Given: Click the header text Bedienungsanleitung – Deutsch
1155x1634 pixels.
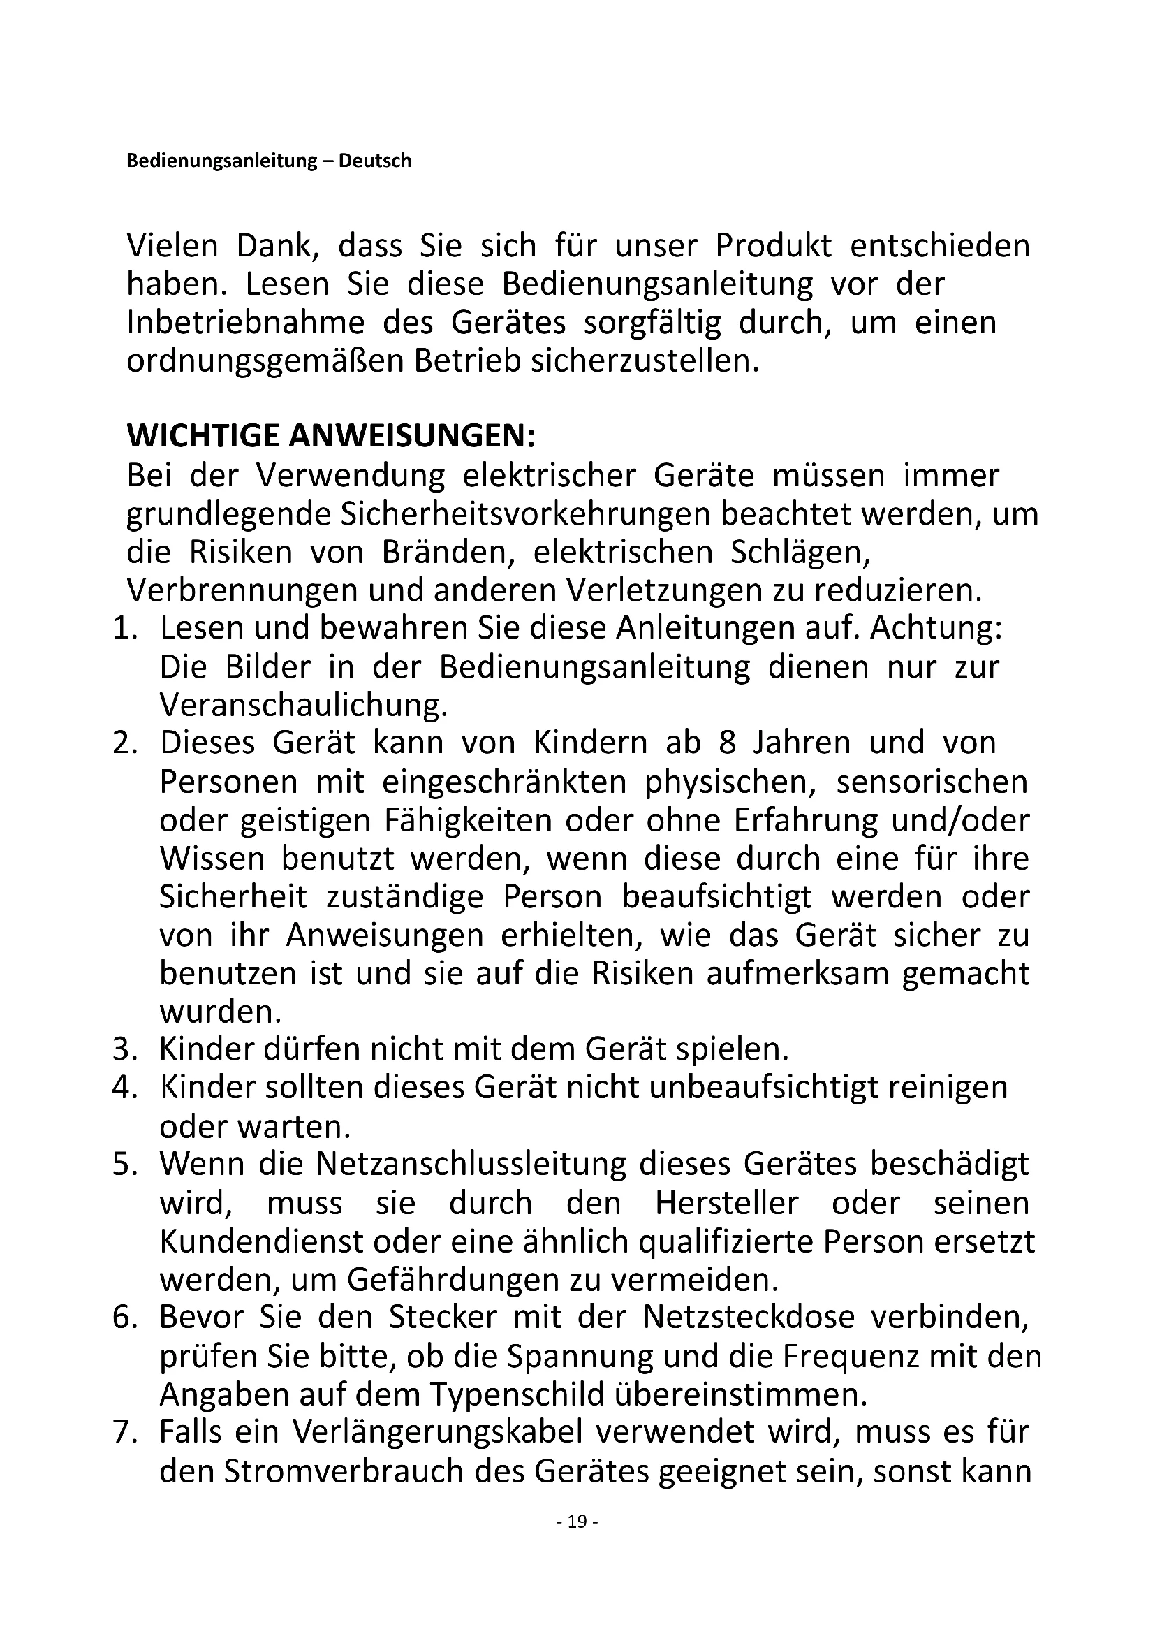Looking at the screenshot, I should [x=269, y=161].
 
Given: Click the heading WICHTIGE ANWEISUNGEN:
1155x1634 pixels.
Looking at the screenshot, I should [x=331, y=435].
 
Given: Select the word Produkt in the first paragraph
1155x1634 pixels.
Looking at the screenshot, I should [x=773, y=245].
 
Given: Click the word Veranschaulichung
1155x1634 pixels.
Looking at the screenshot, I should [x=304, y=706].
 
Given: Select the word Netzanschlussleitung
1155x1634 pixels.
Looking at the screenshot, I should [x=471, y=1165].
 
